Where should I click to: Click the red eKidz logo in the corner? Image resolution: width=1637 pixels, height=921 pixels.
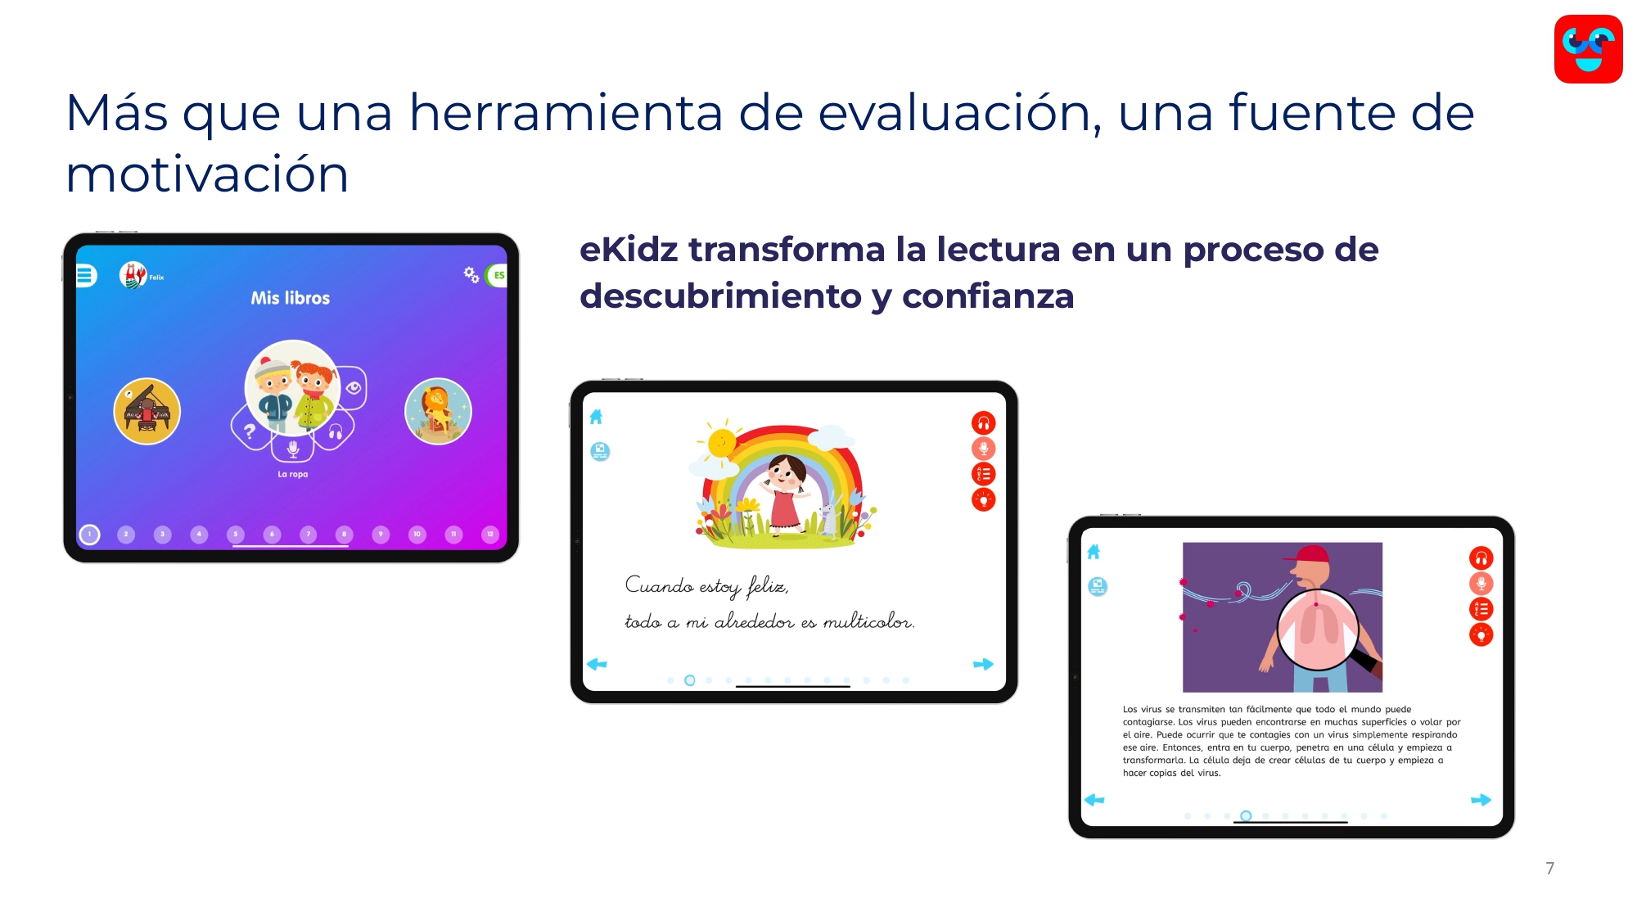click(x=1588, y=49)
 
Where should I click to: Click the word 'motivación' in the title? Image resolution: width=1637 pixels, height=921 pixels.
click(x=207, y=174)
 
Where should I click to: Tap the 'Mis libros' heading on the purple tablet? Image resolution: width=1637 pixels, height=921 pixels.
click(x=291, y=298)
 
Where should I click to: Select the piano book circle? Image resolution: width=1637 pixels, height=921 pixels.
click(x=147, y=411)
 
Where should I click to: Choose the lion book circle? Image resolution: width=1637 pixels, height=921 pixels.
click(x=438, y=411)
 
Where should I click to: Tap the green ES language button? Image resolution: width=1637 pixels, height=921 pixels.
click(x=498, y=275)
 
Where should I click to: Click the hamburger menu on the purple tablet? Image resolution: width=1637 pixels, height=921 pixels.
click(x=85, y=276)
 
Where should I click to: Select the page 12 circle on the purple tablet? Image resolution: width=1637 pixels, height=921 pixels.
click(x=490, y=535)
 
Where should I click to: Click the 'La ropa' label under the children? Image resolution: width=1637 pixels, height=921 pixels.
click(x=293, y=474)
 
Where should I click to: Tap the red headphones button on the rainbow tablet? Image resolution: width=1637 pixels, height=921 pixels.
click(x=983, y=423)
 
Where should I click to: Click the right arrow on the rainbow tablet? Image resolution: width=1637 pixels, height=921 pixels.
click(x=983, y=664)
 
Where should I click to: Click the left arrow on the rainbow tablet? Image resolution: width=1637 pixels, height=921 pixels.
click(x=597, y=664)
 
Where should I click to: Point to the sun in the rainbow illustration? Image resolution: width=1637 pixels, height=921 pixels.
click(x=722, y=443)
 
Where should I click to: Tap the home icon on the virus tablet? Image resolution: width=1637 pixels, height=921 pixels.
click(x=1094, y=552)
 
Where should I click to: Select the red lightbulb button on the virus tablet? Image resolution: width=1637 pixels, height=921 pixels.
click(x=1481, y=634)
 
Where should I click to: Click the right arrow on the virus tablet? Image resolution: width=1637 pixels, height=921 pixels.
click(x=1481, y=800)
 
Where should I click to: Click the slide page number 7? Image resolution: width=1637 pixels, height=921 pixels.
click(x=1549, y=869)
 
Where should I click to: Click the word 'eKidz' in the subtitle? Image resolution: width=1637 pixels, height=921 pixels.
click(x=629, y=250)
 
